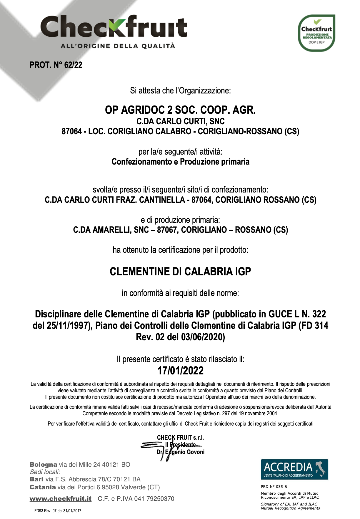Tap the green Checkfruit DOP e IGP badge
[316, 33]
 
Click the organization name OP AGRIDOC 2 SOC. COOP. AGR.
[180, 110]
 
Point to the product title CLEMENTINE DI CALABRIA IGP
[180, 272]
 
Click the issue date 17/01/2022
[180, 371]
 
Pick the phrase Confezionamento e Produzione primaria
[180, 162]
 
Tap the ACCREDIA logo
[294, 469]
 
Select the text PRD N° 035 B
[274, 487]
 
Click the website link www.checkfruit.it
[61, 499]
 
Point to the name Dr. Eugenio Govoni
[181, 452]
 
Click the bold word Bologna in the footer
[44, 465]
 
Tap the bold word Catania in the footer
[43, 487]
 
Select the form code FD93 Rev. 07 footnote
[58, 511]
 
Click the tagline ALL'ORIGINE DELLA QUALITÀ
[118, 46]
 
